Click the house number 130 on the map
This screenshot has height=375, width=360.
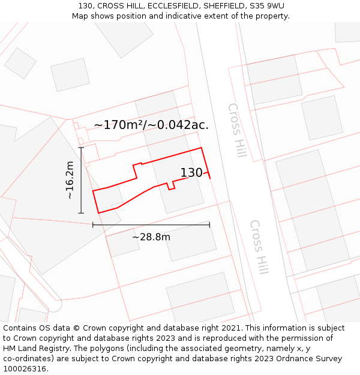[191, 173]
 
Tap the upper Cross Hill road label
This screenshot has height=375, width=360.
[237, 130]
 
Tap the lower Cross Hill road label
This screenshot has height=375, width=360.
[259, 247]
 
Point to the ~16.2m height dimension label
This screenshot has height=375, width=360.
[70, 180]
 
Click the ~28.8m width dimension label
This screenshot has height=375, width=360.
[151, 237]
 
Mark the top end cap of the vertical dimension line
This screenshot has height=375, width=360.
[81, 147]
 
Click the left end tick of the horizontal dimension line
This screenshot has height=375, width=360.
[93, 224]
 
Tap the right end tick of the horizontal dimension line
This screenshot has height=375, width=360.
[209, 224]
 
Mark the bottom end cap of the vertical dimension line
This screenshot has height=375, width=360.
[81, 213]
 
